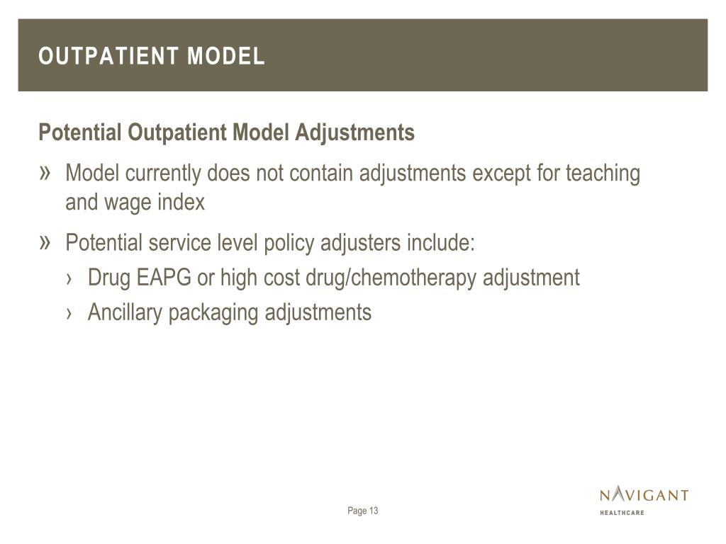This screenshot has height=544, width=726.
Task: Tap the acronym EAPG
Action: click(164, 278)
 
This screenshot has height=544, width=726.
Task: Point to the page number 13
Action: click(374, 511)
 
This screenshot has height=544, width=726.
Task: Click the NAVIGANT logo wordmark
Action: click(644, 494)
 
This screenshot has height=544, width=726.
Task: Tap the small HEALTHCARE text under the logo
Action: click(622, 512)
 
